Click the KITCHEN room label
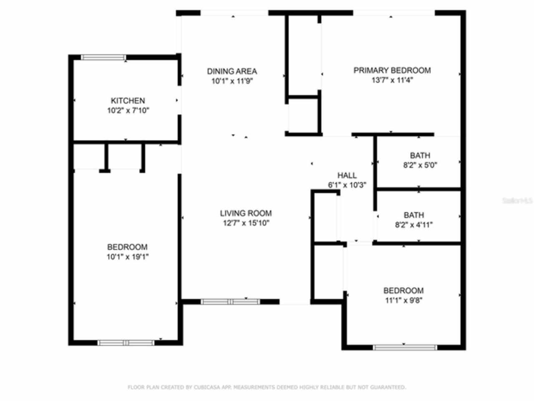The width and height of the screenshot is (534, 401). pos(128,101)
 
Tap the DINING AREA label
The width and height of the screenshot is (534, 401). pos(232,71)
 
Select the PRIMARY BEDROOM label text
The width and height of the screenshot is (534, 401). pos(392,70)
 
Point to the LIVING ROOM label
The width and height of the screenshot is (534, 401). pos(246,213)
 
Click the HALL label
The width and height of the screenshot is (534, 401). pos(347,175)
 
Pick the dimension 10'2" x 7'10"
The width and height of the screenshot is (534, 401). pos(128,111)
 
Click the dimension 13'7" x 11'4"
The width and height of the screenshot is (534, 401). pos(392,80)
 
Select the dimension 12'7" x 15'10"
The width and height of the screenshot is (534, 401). pos(246,223)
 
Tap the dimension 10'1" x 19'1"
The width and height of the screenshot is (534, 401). pos(127,257)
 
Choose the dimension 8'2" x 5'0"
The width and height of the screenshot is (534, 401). pos(420,165)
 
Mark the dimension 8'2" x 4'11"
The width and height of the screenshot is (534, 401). pos(413,225)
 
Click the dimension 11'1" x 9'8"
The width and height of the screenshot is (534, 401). pos(403,300)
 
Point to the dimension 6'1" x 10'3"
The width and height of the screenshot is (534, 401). pos(347,185)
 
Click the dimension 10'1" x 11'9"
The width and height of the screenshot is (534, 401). pos(232,81)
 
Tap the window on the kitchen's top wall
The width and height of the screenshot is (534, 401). pos(103,57)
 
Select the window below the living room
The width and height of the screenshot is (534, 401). pos(230,302)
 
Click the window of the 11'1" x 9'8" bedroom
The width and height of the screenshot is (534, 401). pos(405,347)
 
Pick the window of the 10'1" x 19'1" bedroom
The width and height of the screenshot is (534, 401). pos(126,343)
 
